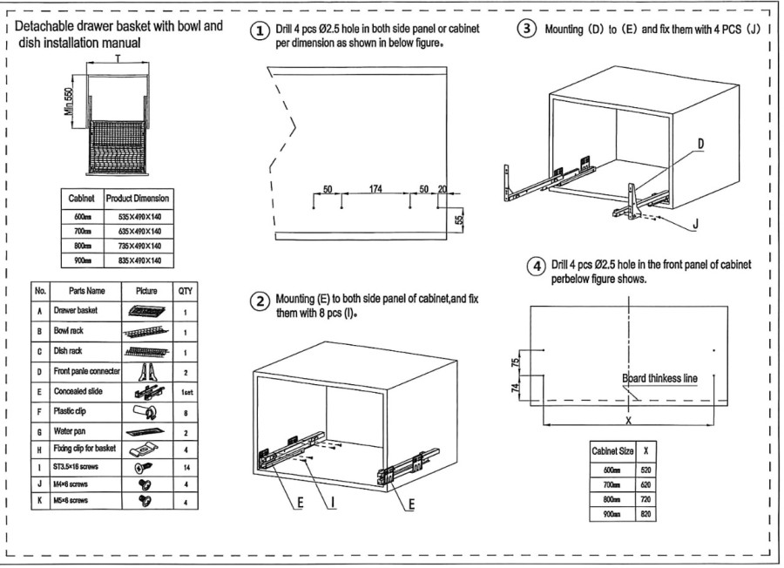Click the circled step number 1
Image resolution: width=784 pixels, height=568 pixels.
point(259,30)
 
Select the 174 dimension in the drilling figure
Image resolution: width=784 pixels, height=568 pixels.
point(375,189)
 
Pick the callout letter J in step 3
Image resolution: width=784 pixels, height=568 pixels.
point(696,224)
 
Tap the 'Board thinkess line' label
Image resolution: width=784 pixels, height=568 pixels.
point(659,378)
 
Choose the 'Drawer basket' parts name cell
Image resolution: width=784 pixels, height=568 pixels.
point(76,310)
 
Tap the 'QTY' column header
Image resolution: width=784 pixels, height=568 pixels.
point(186,290)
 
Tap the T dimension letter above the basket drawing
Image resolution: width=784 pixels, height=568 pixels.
point(117,57)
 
